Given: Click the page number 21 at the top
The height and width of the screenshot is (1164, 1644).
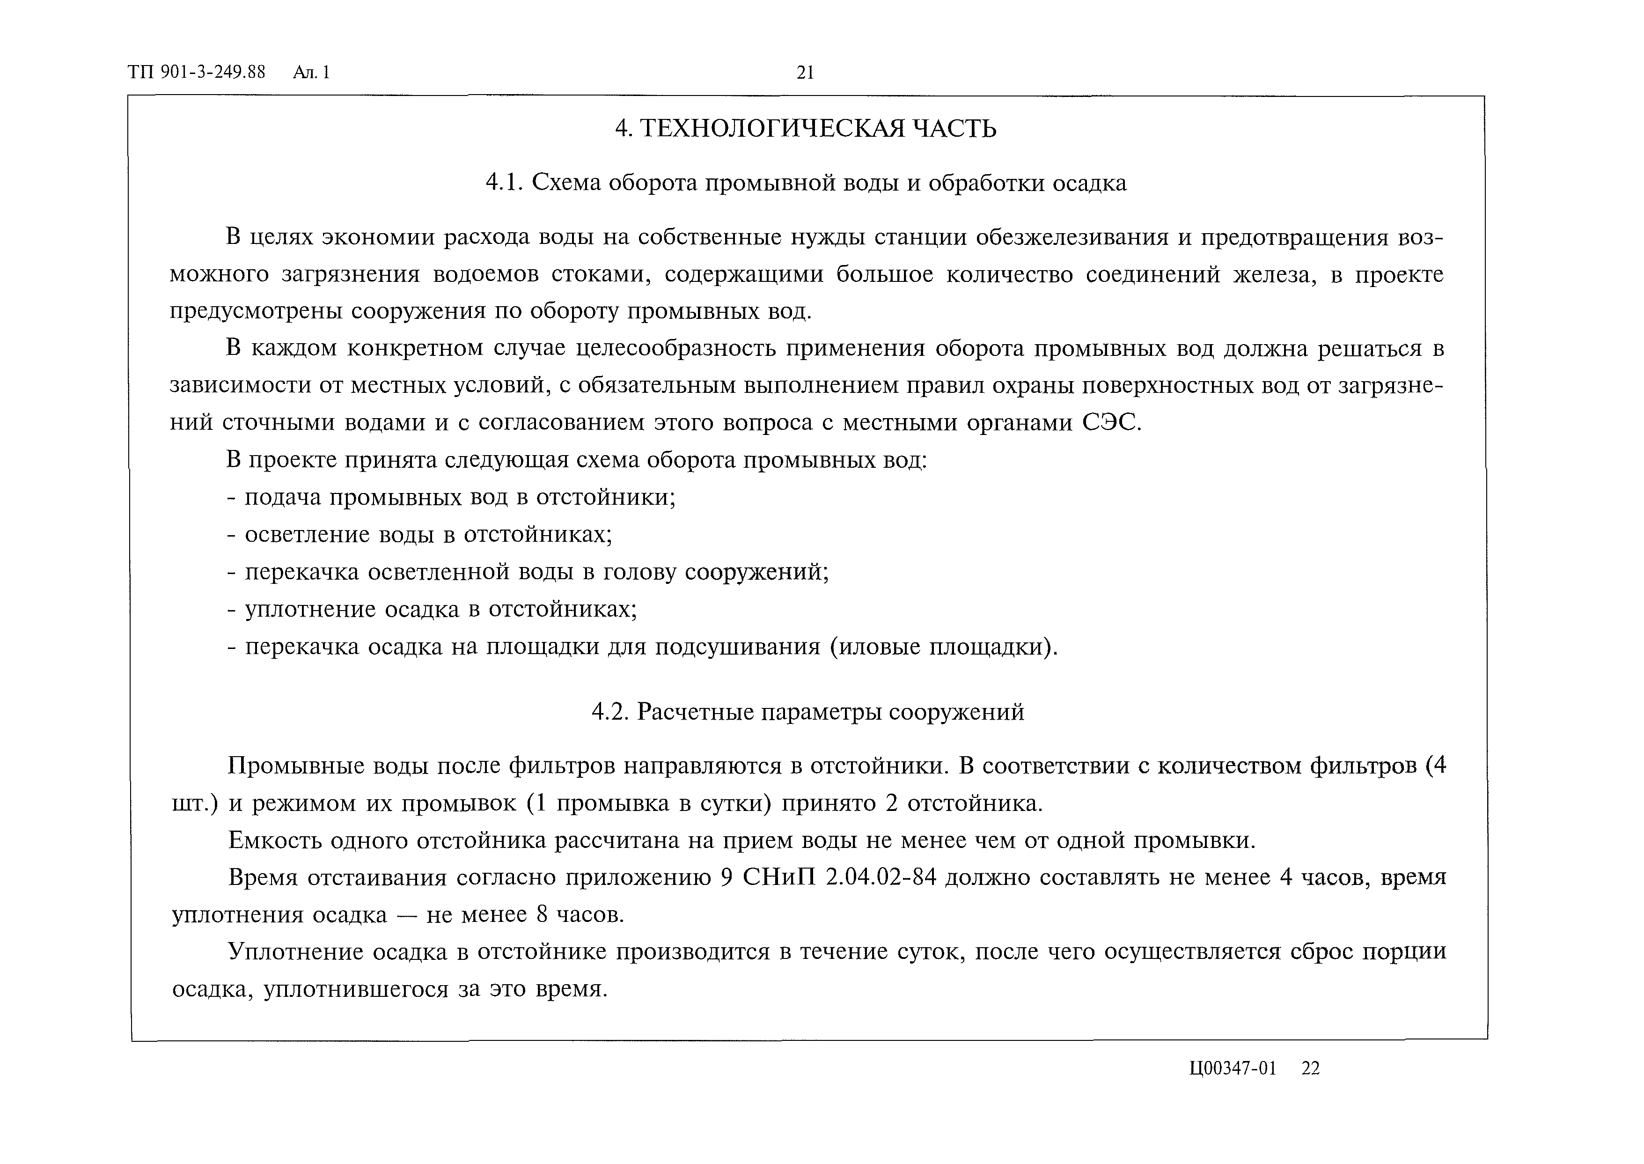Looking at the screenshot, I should pos(805,73).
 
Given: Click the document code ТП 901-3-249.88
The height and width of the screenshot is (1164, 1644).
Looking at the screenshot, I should pos(196,73).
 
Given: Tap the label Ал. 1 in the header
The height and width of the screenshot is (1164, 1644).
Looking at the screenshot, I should pos(311,73).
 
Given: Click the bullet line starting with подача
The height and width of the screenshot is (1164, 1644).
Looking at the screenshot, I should pos(451,497).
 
